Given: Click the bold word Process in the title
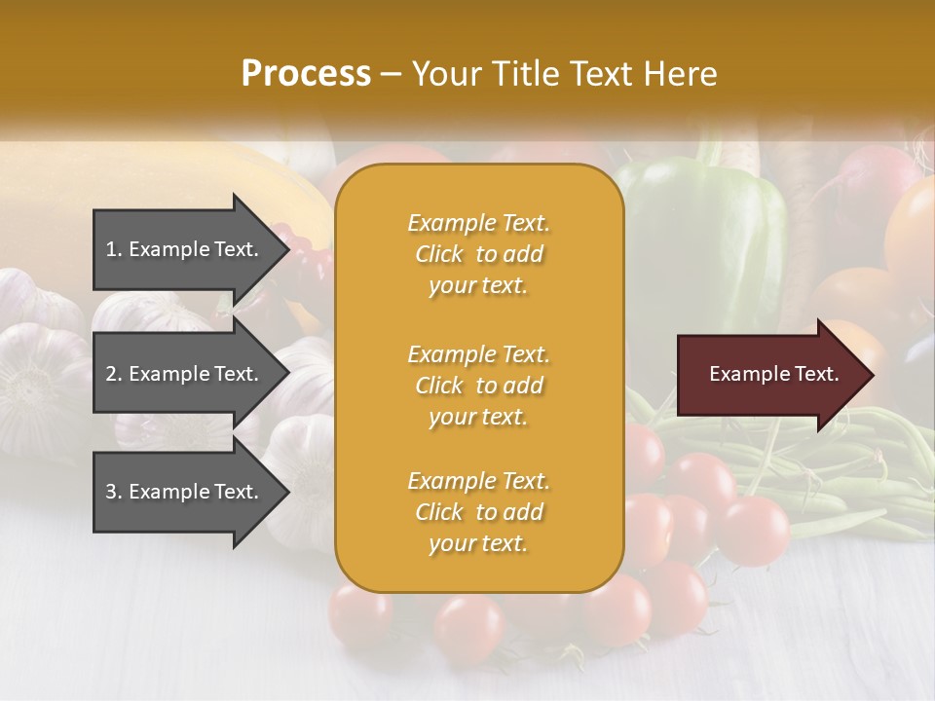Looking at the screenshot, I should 306,74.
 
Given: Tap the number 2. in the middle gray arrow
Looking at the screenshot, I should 114,374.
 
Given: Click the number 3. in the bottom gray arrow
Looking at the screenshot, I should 114,492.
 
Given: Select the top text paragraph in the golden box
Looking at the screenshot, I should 478,254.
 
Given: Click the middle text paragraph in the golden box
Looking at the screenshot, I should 478,386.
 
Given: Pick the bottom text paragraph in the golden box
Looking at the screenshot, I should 478,512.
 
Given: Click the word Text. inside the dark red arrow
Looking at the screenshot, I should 816,374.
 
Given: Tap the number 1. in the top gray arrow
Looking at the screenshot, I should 114,249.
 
